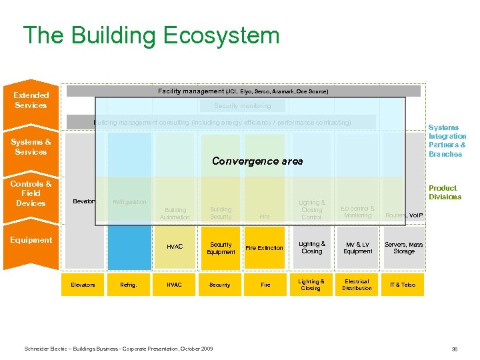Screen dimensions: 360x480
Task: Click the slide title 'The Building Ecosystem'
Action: [x=151, y=35]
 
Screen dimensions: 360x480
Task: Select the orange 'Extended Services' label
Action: [x=31, y=100]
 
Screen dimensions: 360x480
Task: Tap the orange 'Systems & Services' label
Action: [x=31, y=147]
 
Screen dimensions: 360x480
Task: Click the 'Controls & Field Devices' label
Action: [x=31, y=193]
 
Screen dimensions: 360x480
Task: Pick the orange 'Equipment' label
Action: [x=31, y=240]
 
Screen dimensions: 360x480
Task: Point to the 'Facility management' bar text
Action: [x=243, y=91]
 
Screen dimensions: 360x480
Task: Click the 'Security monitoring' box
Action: [x=243, y=106]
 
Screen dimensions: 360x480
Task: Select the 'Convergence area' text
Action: [x=257, y=161]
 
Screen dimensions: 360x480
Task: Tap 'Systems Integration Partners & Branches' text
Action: [x=447, y=141]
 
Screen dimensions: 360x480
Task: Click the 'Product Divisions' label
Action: [x=444, y=193]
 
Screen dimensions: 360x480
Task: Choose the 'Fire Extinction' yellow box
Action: [x=265, y=248]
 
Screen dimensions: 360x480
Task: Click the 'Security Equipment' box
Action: [x=221, y=248]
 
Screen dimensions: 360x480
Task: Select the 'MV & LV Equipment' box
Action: [x=358, y=248]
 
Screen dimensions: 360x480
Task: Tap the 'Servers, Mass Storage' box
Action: [x=403, y=248]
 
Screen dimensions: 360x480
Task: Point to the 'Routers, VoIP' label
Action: [x=403, y=215]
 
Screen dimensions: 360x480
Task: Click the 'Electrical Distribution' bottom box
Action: [x=357, y=285]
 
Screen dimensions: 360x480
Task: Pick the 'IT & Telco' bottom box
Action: [x=403, y=285]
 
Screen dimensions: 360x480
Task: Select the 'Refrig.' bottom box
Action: [x=129, y=285]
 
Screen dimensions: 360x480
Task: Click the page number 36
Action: [x=454, y=349]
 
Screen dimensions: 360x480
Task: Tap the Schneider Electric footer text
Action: [x=119, y=349]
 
